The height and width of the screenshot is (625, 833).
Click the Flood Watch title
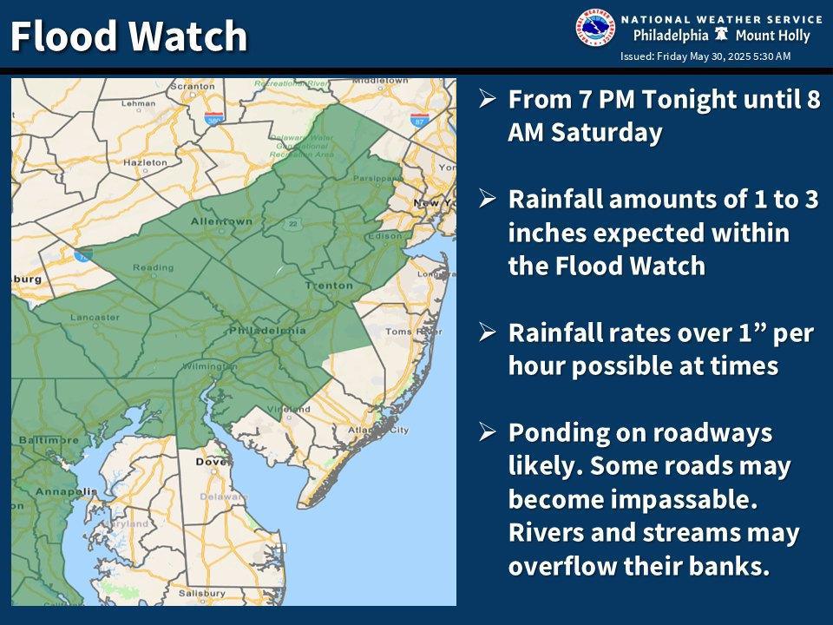click(x=128, y=36)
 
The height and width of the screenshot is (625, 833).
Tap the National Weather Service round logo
click(x=594, y=28)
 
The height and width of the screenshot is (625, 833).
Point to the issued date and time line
click(x=705, y=56)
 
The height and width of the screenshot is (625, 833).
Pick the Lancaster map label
click(x=95, y=317)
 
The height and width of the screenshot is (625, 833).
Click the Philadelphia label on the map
click(x=267, y=330)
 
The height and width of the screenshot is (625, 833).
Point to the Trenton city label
click(x=329, y=285)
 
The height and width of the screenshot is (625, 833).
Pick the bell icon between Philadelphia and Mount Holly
click(x=720, y=36)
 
